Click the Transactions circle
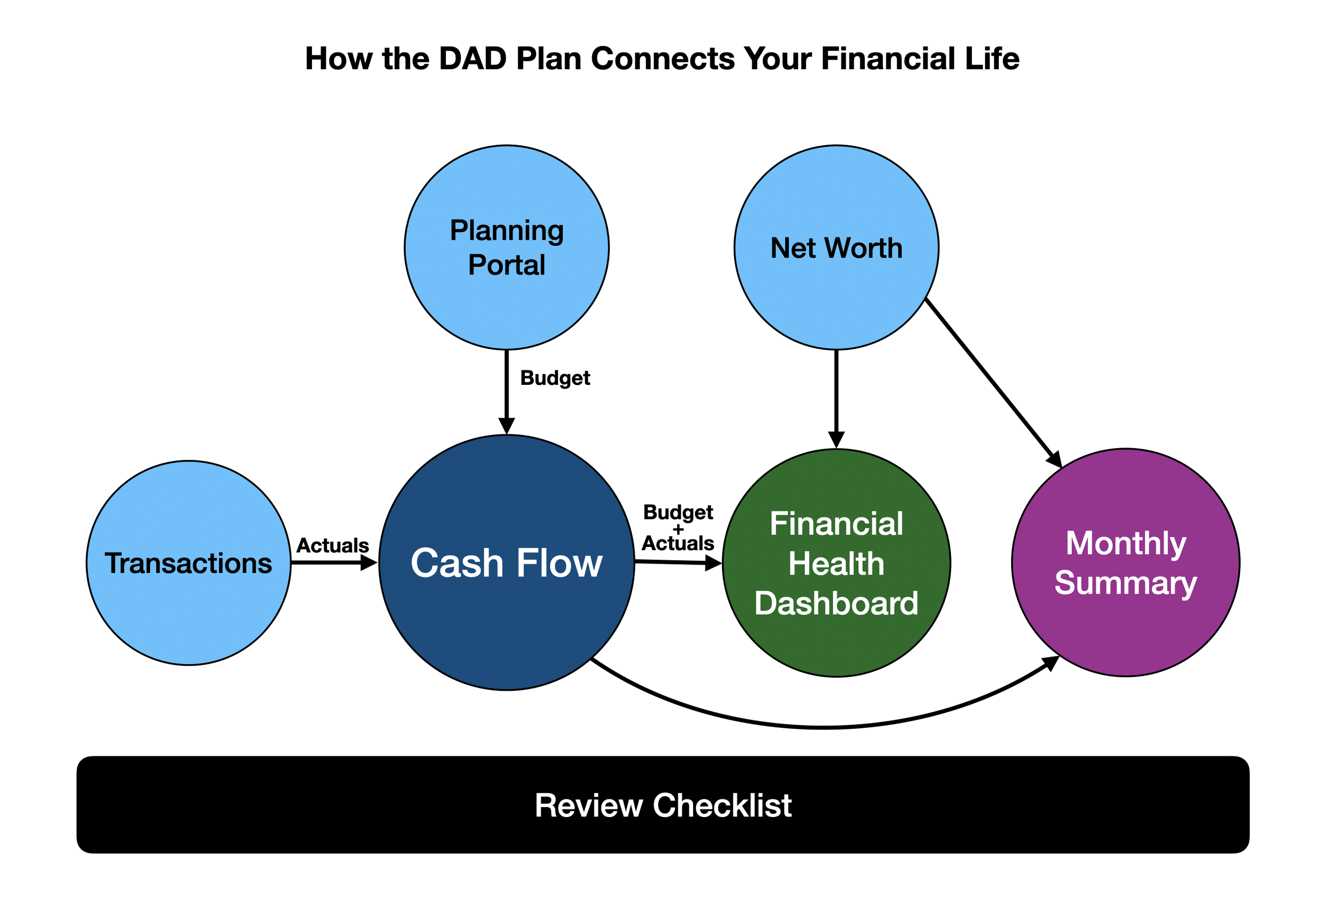pyautogui.click(x=189, y=563)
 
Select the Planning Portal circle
pyautogui.click(x=507, y=248)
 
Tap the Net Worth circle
pyautogui.click(x=837, y=248)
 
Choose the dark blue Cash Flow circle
pyautogui.click(x=507, y=563)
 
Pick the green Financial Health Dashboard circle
pyautogui.click(x=837, y=563)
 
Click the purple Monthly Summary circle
pyautogui.click(x=1126, y=563)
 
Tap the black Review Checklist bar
pyautogui.click(x=663, y=805)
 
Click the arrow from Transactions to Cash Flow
pyautogui.click(x=334, y=563)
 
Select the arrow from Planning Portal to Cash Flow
pyautogui.click(x=507, y=392)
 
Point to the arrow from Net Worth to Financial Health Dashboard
pyautogui.click(x=837, y=399)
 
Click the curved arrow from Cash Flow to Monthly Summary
pyautogui.click(x=823, y=727)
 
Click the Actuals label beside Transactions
pyautogui.click(x=333, y=545)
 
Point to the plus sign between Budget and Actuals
pyautogui.click(x=678, y=529)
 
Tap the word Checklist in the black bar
pyautogui.click(x=722, y=805)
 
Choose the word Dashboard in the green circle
pyautogui.click(x=837, y=603)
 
